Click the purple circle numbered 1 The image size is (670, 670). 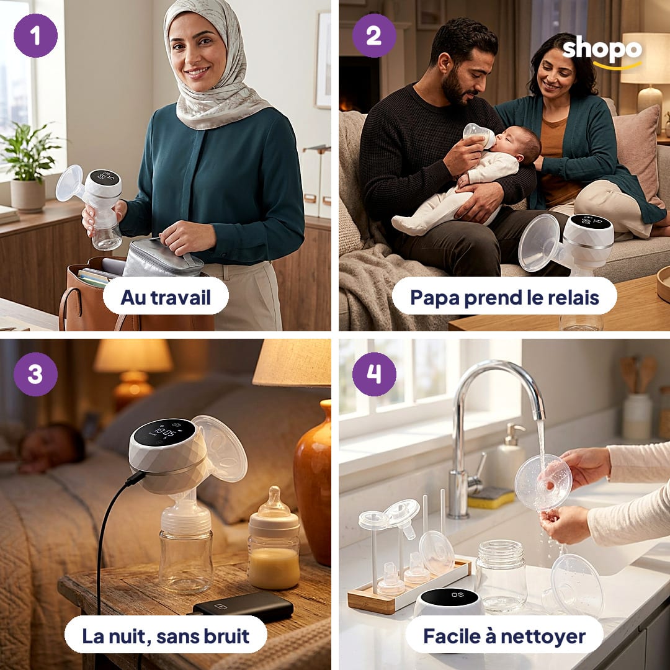(35, 35)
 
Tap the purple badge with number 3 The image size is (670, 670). (35, 374)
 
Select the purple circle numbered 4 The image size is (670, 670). (374, 374)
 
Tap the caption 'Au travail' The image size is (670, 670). (166, 297)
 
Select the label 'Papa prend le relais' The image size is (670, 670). (504, 297)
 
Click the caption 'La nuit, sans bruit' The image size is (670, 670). (166, 636)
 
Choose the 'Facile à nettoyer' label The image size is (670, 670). (504, 636)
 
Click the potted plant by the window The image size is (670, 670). (28, 167)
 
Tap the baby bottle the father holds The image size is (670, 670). (479, 135)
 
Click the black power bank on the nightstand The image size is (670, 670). (243, 607)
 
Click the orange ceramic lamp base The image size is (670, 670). (312, 483)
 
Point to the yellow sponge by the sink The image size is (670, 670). (491, 498)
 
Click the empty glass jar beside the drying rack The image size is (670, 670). (501, 574)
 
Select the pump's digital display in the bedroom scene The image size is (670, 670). (164, 432)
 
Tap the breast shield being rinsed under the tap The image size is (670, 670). (543, 483)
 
